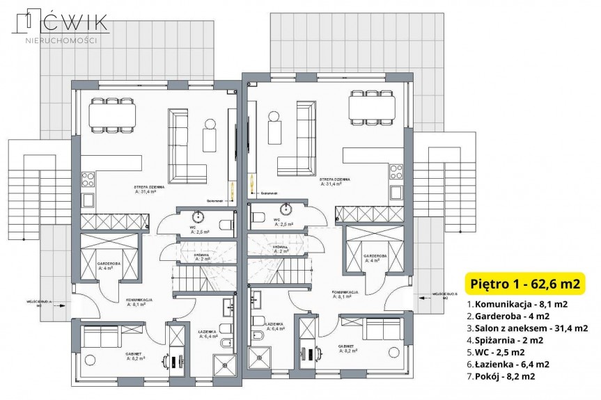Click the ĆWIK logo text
(70, 22)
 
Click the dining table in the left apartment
(111, 115)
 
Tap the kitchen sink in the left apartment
(88, 200)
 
